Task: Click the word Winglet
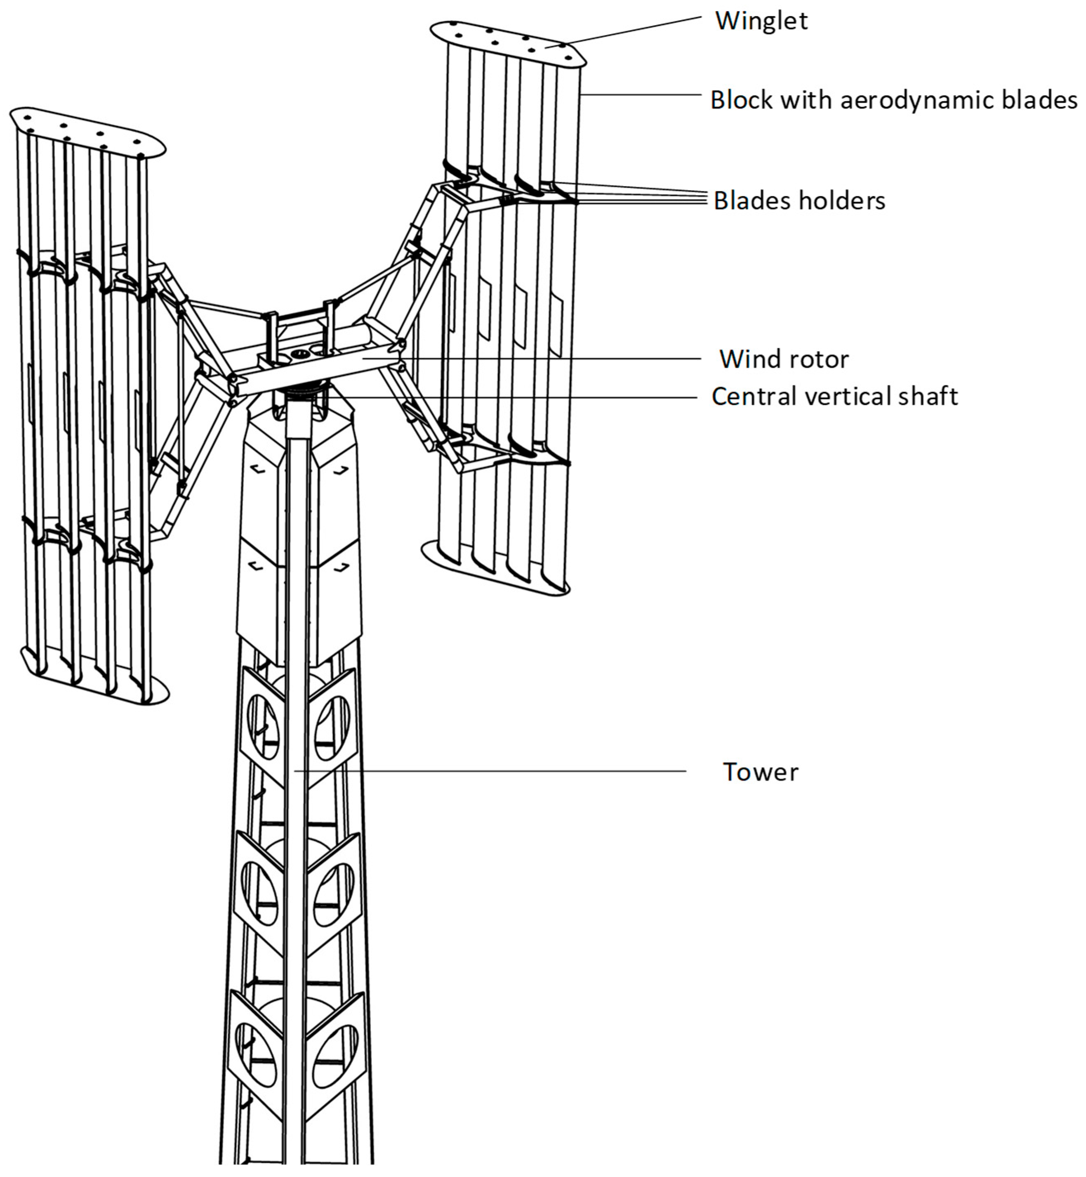coord(761,21)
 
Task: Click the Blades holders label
coord(799,201)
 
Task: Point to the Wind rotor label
coord(784,359)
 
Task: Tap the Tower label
coord(761,772)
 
